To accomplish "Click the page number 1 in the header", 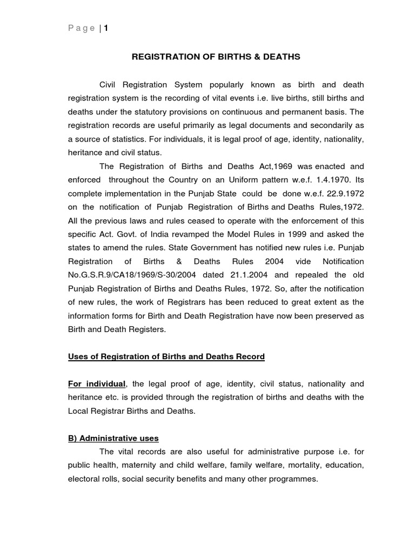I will pyautogui.click(x=106, y=29).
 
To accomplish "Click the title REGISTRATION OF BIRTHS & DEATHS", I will pyautogui.click(x=216, y=57).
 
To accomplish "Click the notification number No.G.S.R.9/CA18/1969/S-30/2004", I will pyautogui.click(x=133, y=275).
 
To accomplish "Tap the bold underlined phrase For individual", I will pyautogui.click(x=96, y=384).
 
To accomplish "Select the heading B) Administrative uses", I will pyautogui.click(x=113, y=438).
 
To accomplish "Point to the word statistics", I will pyautogui.click(x=123, y=139).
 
